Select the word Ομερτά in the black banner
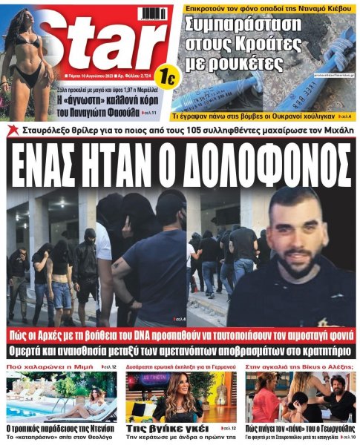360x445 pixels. click(x=46, y=350)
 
